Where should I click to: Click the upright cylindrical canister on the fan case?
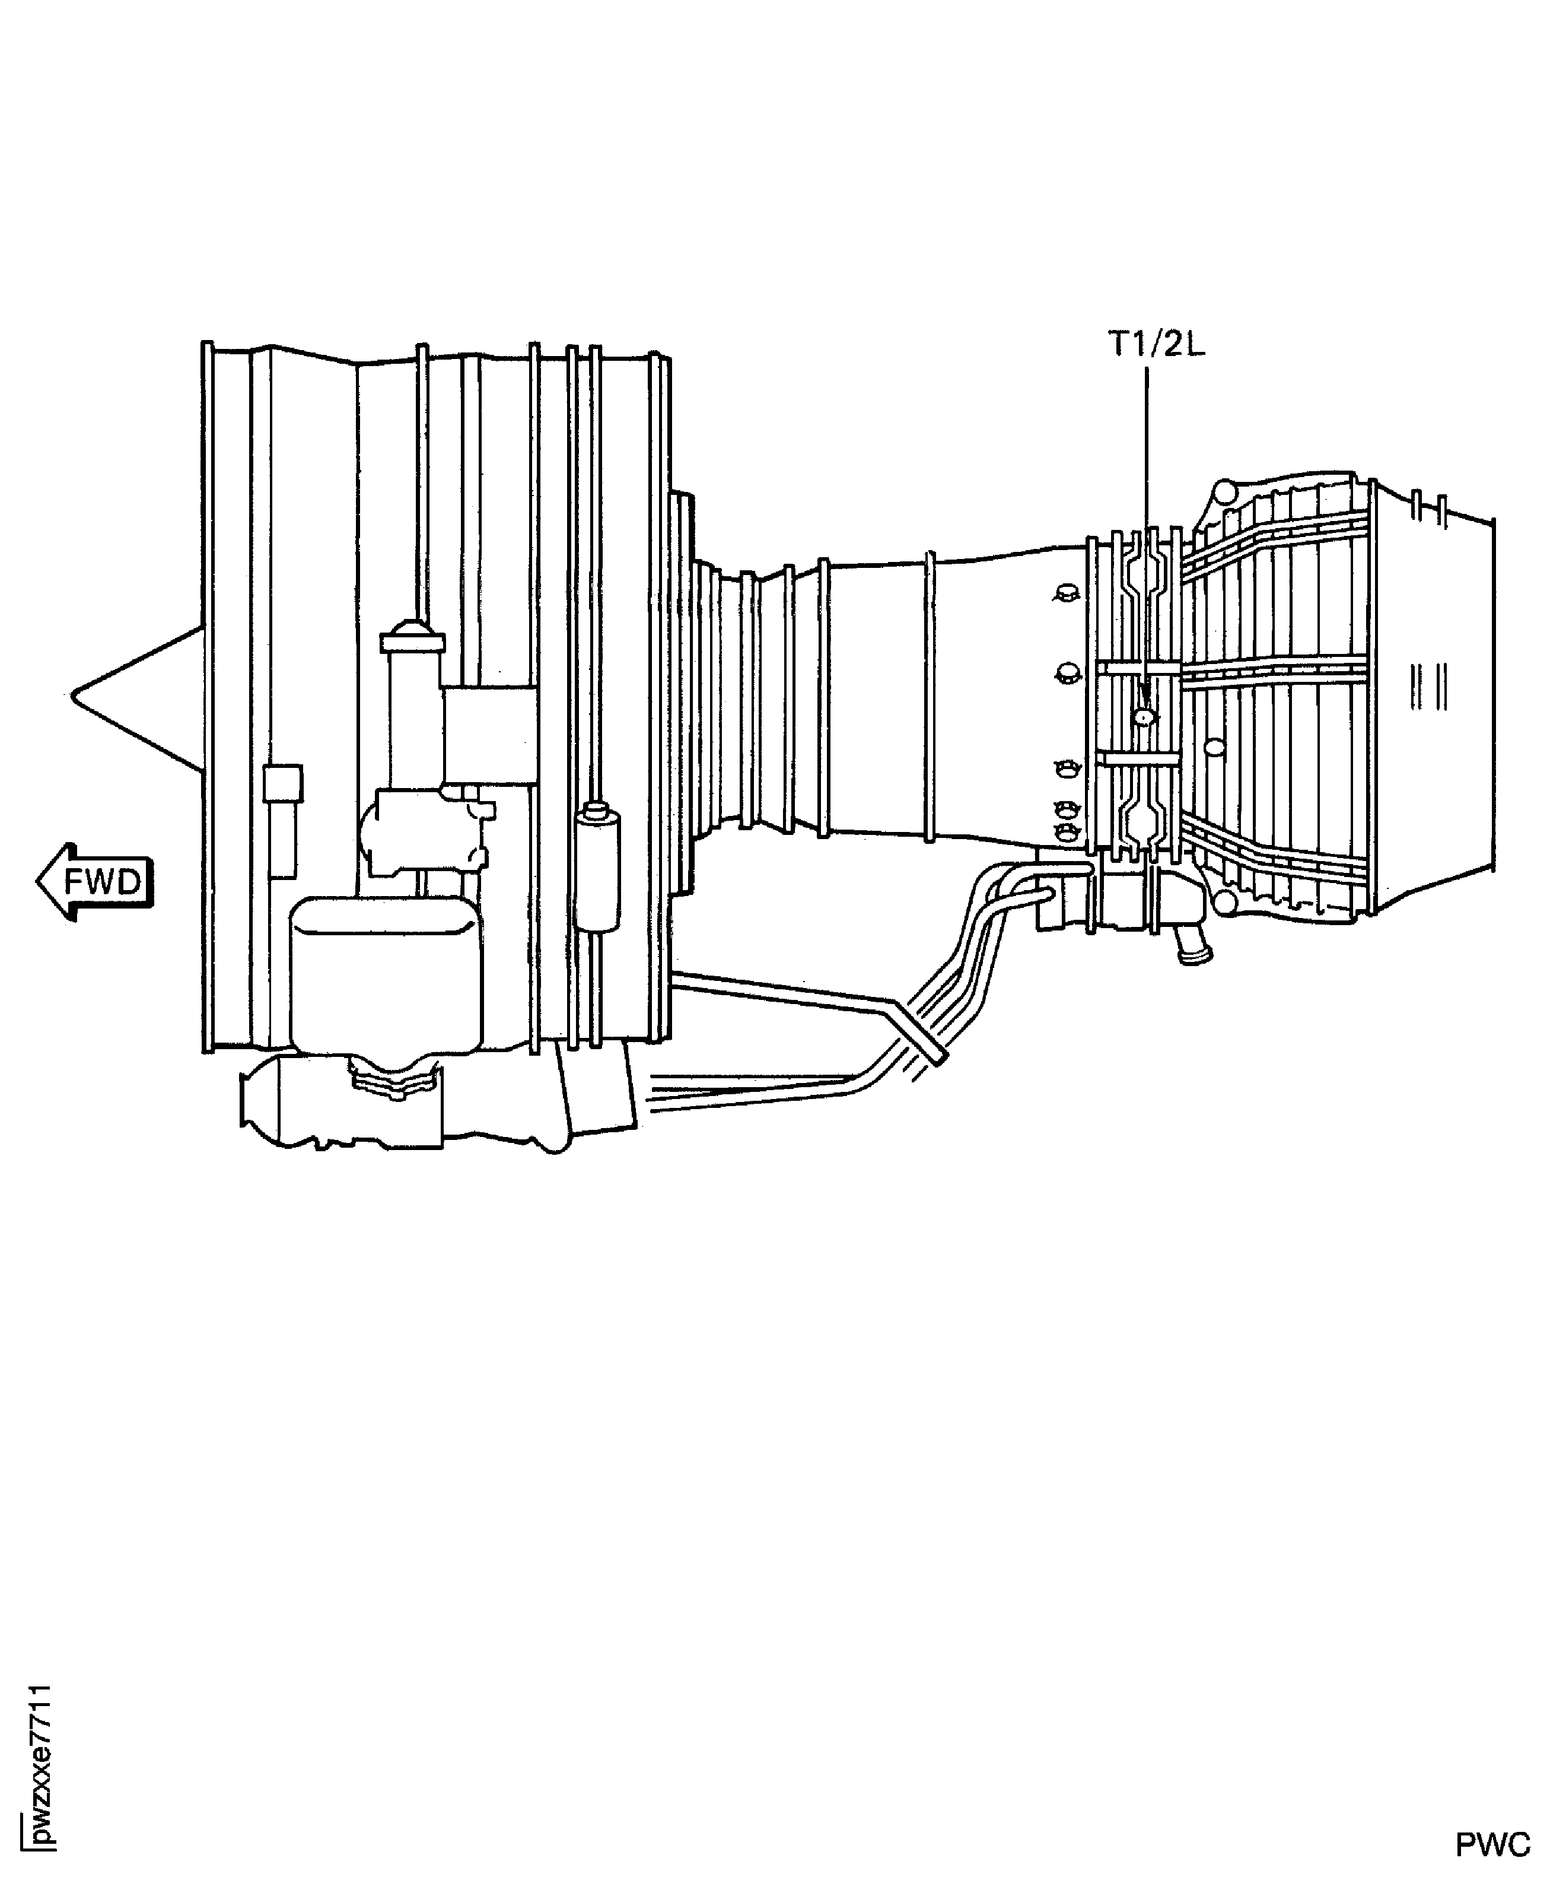coord(596,866)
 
